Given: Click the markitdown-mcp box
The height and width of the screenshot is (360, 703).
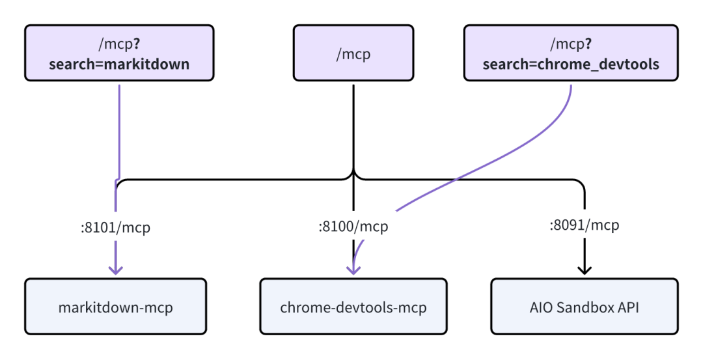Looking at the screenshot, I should [116, 307].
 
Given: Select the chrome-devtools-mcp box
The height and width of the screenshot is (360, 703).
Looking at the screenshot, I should [353, 307].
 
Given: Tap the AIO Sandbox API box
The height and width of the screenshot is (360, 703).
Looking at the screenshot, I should [584, 307].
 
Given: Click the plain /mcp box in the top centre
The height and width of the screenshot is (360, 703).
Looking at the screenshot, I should [353, 53].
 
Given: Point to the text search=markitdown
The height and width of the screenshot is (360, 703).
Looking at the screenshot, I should [119, 64].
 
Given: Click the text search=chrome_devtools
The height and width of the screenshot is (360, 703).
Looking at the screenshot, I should [571, 64].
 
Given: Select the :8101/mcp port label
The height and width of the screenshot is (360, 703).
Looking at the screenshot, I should [116, 228].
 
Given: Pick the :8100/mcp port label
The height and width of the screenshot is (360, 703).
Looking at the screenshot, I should [353, 227].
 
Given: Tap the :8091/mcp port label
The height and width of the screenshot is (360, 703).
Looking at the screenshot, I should [584, 225].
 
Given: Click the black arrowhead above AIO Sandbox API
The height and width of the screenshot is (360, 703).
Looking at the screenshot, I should [585, 268].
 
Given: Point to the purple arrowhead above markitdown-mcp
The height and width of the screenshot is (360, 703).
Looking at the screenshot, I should [116, 268].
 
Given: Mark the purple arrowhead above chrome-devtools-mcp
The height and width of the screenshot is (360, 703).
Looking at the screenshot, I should [353, 268].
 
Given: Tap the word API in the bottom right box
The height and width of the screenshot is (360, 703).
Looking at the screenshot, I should [627, 307].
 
